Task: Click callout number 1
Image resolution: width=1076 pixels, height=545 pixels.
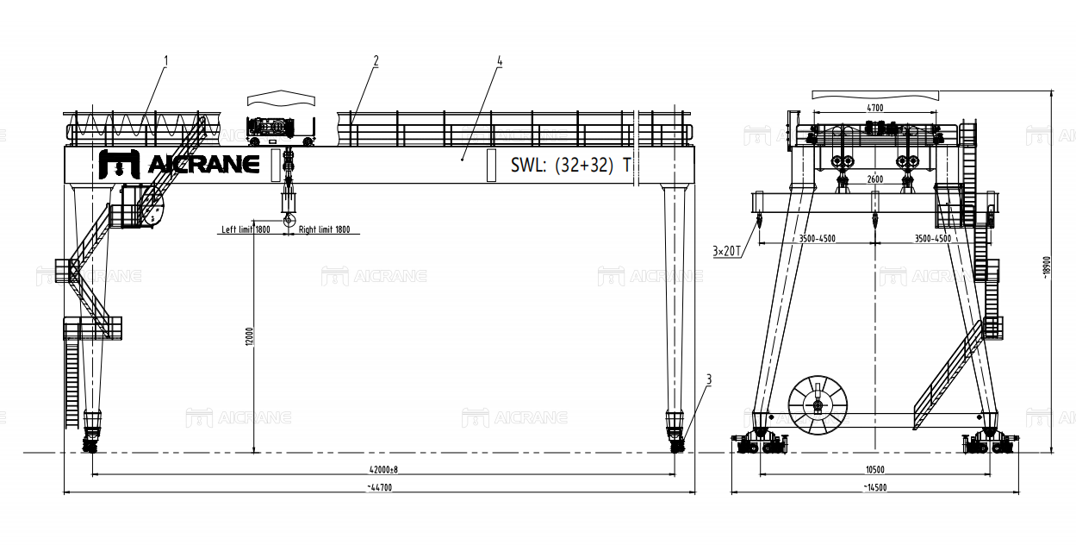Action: coord(166,60)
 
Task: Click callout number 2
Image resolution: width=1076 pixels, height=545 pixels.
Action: coord(376,60)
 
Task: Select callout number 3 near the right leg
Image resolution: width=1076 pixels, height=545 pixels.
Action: coord(709,379)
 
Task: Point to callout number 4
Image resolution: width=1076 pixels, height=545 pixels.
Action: coord(500,61)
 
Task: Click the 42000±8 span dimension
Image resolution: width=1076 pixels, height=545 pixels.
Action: coord(383,469)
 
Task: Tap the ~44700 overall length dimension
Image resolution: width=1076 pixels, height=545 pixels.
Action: coord(380,487)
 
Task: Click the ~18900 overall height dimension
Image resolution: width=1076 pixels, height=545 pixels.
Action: coord(1047,267)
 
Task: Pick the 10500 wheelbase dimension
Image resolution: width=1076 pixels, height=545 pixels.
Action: coord(875,469)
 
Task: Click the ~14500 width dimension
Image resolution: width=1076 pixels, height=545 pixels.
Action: coord(875,487)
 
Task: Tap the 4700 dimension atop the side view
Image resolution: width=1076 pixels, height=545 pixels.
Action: coord(874,109)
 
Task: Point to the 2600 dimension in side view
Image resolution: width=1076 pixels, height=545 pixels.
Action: coord(874,179)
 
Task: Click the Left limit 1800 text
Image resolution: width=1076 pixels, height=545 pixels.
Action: coord(246,229)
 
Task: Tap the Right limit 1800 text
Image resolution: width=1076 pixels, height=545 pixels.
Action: coord(324,229)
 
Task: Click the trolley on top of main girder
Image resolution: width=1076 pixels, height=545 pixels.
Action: coord(281,127)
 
